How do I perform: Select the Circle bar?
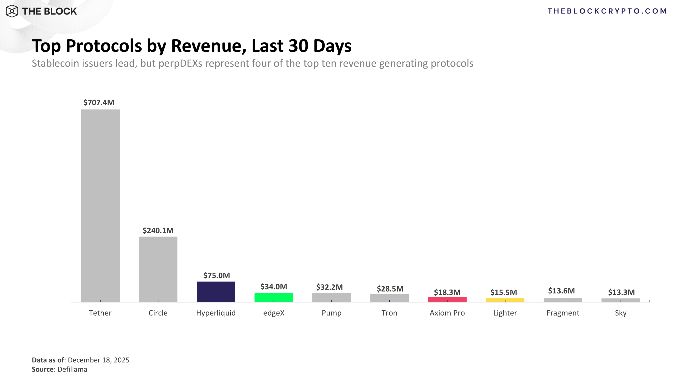(x=158, y=269)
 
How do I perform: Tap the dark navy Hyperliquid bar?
(x=216, y=292)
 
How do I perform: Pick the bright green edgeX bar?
(x=274, y=297)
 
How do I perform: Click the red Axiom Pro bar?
(x=447, y=300)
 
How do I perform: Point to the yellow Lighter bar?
(x=505, y=300)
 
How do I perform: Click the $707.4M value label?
(x=99, y=102)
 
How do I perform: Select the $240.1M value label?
(x=158, y=230)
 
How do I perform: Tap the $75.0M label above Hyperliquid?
(x=217, y=275)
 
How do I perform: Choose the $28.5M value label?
(x=390, y=289)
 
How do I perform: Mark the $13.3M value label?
(x=621, y=292)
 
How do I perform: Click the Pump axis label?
(x=331, y=313)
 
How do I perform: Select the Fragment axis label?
(x=563, y=313)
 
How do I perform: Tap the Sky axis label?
(x=621, y=313)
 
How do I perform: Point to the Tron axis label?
(x=389, y=313)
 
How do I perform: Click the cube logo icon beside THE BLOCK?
(x=12, y=11)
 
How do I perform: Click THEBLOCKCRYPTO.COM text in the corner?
(x=607, y=11)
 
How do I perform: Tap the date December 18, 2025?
(x=98, y=360)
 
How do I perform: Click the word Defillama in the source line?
(x=72, y=369)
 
